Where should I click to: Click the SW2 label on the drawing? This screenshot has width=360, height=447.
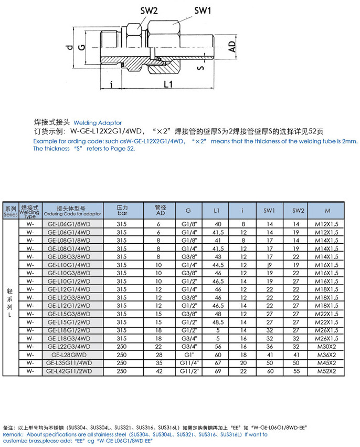[x=149, y=11]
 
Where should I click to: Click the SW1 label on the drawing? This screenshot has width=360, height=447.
[x=202, y=10]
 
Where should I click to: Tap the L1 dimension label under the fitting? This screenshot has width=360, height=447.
[x=168, y=84]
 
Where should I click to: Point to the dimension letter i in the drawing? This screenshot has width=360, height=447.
[x=111, y=84]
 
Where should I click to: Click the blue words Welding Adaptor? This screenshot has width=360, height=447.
[x=98, y=122]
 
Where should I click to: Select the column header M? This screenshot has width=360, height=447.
[x=327, y=211]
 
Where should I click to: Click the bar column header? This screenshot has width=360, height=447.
[x=122, y=214]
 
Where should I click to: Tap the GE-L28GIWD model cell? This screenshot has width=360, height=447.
[x=68, y=355]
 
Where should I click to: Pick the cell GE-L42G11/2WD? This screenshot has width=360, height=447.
[x=68, y=371]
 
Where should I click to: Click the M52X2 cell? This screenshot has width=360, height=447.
[x=327, y=371]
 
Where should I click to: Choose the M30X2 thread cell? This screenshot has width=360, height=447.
[x=327, y=347]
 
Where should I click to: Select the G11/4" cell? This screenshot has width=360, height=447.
[x=188, y=363]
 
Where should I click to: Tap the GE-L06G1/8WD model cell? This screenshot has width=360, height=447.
[x=68, y=223]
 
